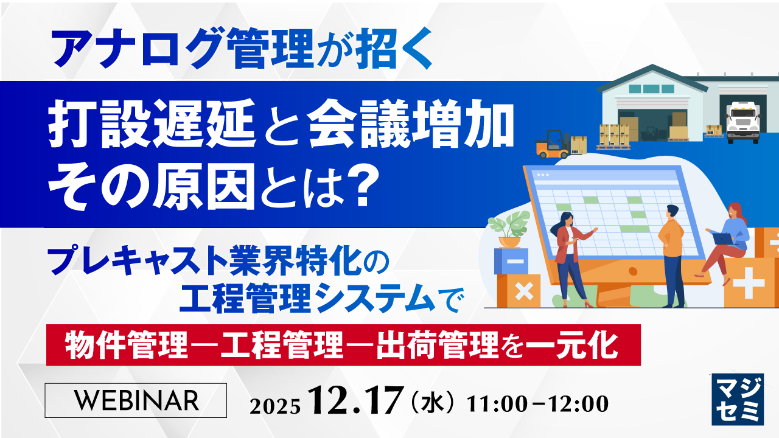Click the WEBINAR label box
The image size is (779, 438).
(136, 400)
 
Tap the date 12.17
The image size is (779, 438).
(356, 401)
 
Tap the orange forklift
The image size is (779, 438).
(553, 144)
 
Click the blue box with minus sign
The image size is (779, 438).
(511, 262)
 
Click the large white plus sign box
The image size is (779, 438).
(752, 283)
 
